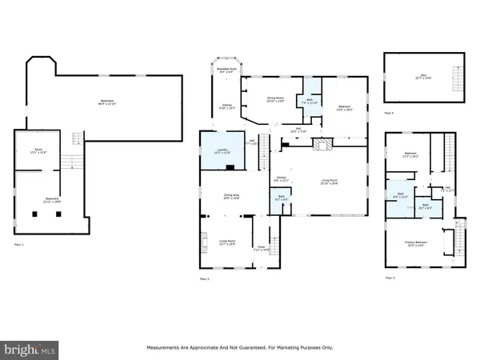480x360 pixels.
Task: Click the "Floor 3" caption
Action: [390, 278]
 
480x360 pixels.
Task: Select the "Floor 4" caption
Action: [389, 114]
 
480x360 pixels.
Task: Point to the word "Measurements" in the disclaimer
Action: [165, 348]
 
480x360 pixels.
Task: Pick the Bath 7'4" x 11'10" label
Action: [307, 102]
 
